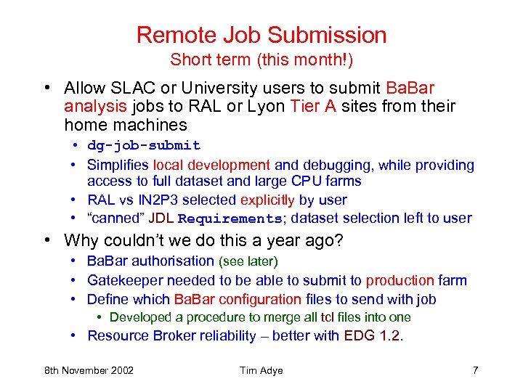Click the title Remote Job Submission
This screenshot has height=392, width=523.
pos(261,35)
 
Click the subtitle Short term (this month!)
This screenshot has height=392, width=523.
pos(261,60)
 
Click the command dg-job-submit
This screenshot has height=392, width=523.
pos(144,146)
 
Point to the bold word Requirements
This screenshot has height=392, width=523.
pos(229,219)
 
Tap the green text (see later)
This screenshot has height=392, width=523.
pos(248,261)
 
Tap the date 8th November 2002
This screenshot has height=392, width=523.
pos(89,370)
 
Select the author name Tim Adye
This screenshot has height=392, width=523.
pos(261,370)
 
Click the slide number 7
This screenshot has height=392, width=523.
pos(475,370)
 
